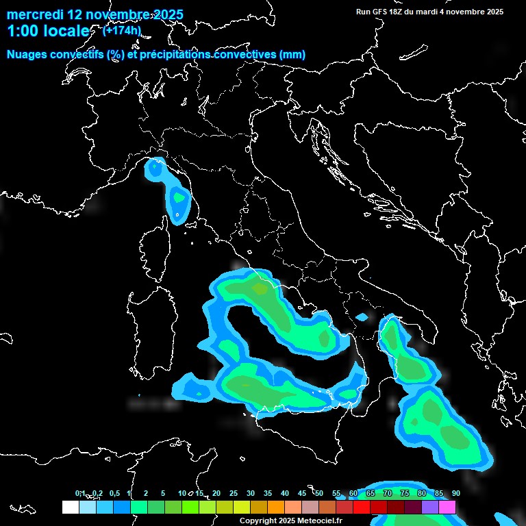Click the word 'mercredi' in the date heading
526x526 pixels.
tap(34, 14)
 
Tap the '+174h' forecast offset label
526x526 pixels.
tap(121, 30)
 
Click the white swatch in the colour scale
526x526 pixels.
tap(70, 507)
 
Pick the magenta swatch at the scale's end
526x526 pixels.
tap(447, 507)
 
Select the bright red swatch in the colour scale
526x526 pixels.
tap(362, 507)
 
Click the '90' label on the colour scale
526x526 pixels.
tap(456, 493)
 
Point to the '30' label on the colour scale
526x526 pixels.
tap(251, 493)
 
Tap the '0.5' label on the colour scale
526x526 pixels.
tap(114, 493)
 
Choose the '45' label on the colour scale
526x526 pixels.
tap(302, 493)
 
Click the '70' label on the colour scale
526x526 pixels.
tap(388, 493)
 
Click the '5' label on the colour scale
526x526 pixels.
tap(163, 493)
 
